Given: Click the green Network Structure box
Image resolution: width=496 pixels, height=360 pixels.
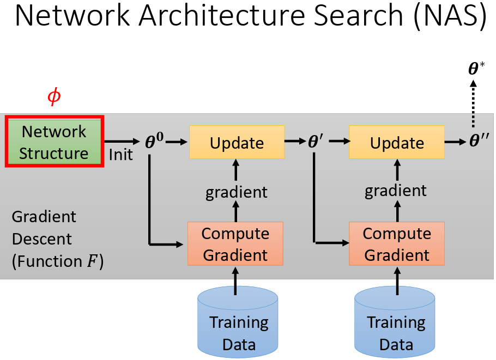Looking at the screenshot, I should pyautogui.click(x=53, y=141).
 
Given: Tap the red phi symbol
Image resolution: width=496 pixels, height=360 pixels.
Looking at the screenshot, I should pyautogui.click(x=54, y=97).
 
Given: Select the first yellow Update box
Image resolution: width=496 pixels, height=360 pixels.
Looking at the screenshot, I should pyautogui.click(x=237, y=142).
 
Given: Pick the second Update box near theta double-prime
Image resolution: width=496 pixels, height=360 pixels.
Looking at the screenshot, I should pyautogui.click(x=396, y=142).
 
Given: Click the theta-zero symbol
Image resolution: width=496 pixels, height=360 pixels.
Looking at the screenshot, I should pyautogui.click(x=154, y=142).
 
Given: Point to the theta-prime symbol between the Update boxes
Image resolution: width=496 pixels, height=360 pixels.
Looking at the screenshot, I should pyautogui.click(x=316, y=142).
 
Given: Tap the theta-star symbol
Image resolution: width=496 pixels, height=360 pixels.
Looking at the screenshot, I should pyautogui.click(x=476, y=69).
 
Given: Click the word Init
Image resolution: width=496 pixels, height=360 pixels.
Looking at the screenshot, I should pyautogui.click(x=120, y=155).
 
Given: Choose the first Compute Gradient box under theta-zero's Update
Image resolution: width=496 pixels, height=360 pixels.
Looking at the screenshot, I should pyautogui.click(x=235, y=244).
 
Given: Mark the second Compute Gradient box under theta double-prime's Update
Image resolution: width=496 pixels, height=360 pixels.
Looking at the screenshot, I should pyautogui.click(x=397, y=244).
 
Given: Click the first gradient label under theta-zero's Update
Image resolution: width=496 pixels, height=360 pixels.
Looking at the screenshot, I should pyautogui.click(x=236, y=192).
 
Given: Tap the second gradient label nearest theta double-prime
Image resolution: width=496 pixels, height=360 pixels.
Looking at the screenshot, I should pyautogui.click(x=396, y=190).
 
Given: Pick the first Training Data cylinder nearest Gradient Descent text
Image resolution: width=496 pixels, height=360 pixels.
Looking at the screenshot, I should pyautogui.click(x=238, y=324).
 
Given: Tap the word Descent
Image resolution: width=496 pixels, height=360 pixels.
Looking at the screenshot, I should pyautogui.click(x=41, y=239).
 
